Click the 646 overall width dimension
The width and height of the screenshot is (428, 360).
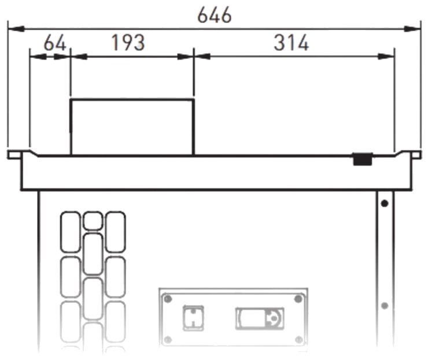point(215,15)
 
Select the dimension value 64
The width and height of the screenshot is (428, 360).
point(55,43)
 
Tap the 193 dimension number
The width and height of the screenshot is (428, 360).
point(128,43)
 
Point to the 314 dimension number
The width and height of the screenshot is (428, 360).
point(292,43)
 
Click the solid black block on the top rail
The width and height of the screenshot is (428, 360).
point(363,159)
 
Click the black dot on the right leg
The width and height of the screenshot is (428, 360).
point(385,203)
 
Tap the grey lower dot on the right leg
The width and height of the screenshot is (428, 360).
point(385,306)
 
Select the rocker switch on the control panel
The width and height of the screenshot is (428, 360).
point(193,318)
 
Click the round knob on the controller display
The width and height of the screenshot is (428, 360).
point(274,318)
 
